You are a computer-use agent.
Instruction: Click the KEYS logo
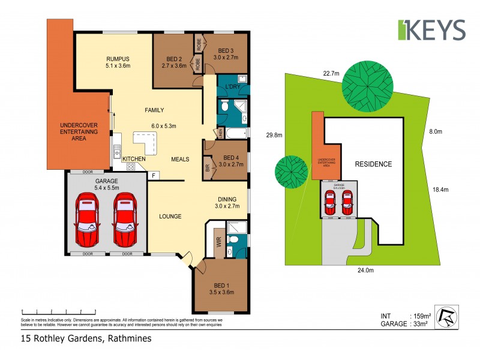tap(431, 30)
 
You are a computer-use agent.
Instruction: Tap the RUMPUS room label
tap(118, 58)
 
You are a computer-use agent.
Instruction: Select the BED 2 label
tap(175, 58)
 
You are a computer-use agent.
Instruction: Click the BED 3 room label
tap(226, 50)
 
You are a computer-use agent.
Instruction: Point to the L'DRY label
tap(233, 89)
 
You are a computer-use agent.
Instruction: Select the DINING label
tap(227, 199)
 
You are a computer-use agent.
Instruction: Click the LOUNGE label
tap(170, 216)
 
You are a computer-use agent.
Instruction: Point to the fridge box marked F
tap(154, 175)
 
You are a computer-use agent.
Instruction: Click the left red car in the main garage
tap(88, 220)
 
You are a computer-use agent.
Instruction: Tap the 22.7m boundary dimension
tap(331, 73)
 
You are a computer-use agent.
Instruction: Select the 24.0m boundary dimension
tap(365, 270)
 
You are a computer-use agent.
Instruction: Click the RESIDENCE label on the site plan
tap(373, 164)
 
